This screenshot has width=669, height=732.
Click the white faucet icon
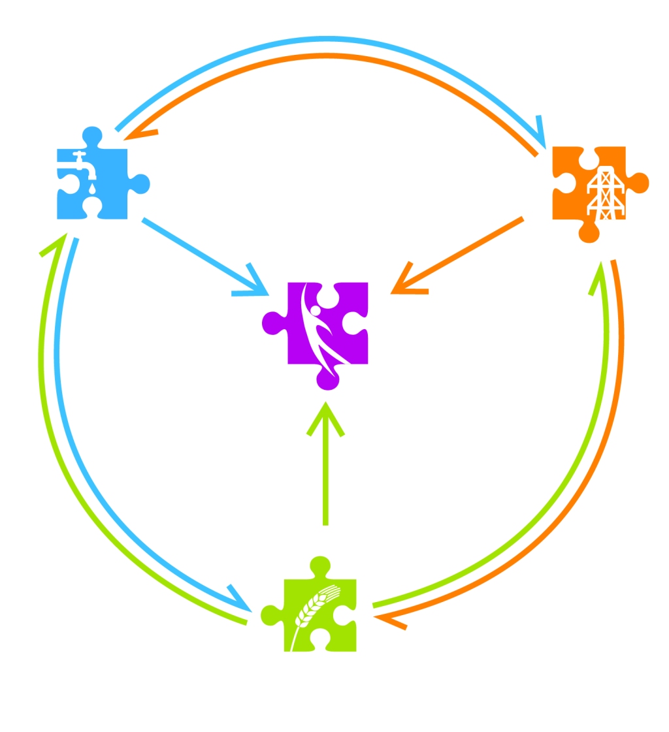82,163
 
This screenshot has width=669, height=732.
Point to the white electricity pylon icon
606,193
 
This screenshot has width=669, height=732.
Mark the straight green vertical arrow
325,470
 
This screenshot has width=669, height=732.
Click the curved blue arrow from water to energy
327,40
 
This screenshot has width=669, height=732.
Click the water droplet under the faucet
92,188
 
